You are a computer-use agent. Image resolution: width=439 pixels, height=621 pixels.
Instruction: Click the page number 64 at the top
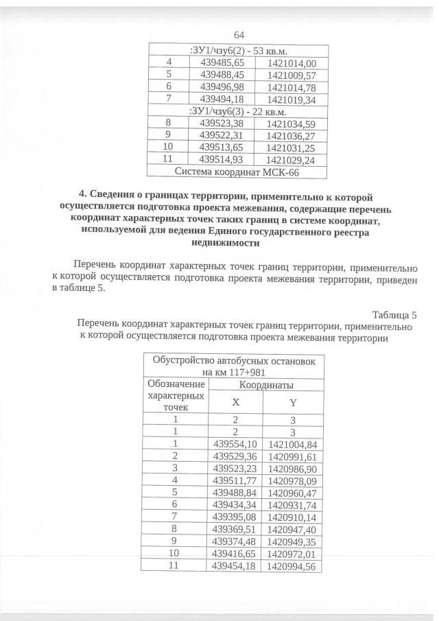tap(239, 35)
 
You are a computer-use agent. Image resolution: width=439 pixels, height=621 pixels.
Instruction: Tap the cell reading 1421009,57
tap(291, 75)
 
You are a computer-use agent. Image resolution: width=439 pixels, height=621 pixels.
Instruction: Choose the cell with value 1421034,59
tap(291, 124)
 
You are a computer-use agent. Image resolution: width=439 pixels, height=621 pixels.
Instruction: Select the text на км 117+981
tap(232, 371)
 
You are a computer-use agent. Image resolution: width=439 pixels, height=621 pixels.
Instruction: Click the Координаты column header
tap(265, 385)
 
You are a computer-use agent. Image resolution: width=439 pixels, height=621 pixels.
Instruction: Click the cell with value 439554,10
tap(235, 444)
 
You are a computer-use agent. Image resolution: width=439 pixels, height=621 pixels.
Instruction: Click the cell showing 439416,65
tap(235, 554)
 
